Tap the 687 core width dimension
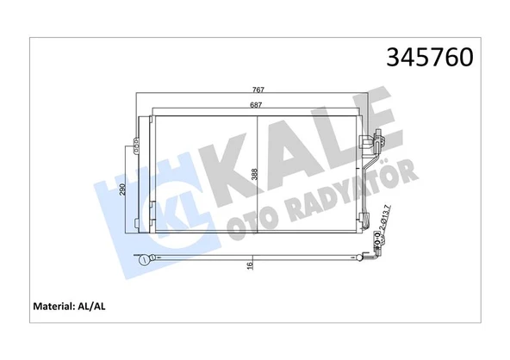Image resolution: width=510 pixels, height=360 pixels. pyautogui.click(x=257, y=105)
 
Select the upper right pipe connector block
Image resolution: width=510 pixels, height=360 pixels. pyautogui.click(x=375, y=137)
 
